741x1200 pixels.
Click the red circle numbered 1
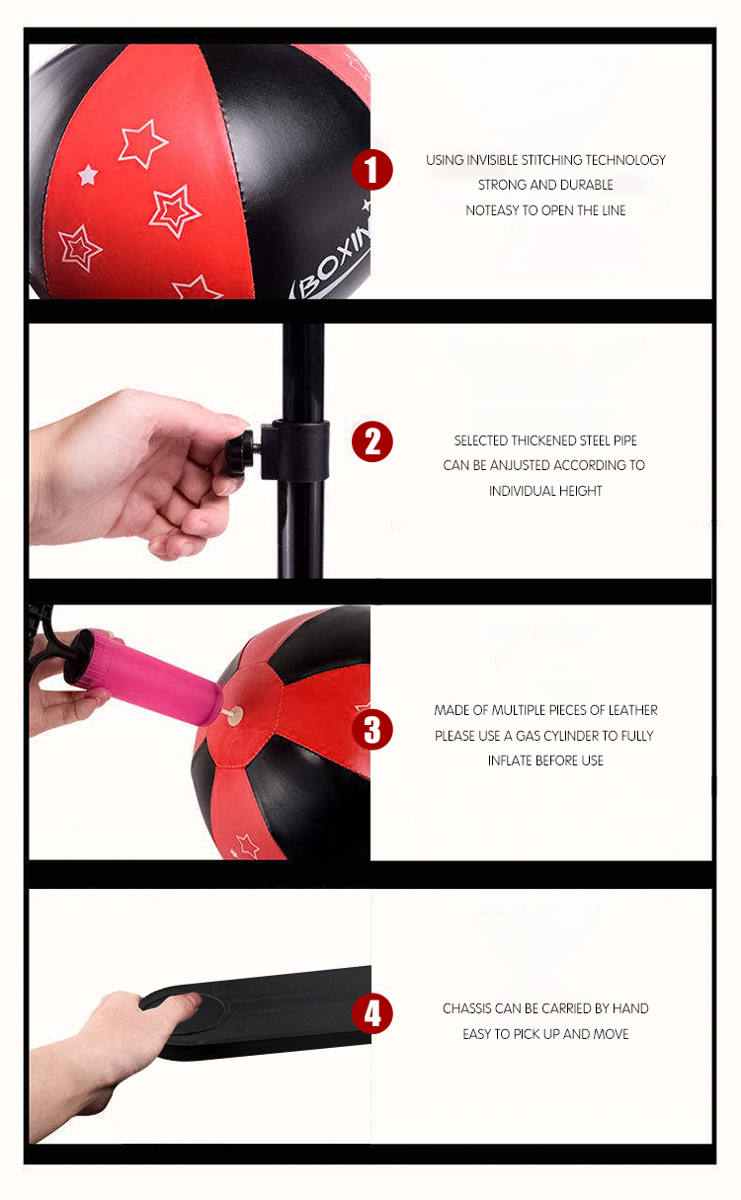pyautogui.click(x=372, y=170)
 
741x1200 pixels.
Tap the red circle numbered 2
pyautogui.click(x=372, y=441)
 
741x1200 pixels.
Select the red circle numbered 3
pyautogui.click(x=372, y=729)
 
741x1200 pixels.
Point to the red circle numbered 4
pyautogui.click(x=372, y=1013)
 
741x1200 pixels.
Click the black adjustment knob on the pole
pyautogui.click(x=239, y=452)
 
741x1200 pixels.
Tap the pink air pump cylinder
pyautogui.click(x=143, y=677)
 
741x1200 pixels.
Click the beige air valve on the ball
pyautogui.click(x=235, y=714)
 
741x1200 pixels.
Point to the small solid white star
pyautogui.click(x=88, y=175)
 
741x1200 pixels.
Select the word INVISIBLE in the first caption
pyautogui.click(x=493, y=160)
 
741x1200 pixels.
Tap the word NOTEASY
pyautogui.click(x=492, y=210)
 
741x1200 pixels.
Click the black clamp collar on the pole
pyautogui.click(x=295, y=450)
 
